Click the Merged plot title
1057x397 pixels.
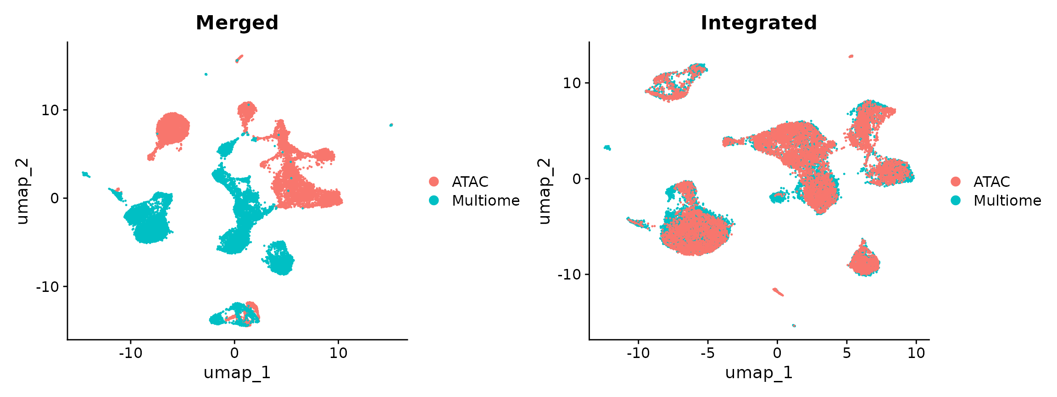[x=237, y=23]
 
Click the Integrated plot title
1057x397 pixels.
[x=758, y=23]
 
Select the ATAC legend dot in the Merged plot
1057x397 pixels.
[x=434, y=182]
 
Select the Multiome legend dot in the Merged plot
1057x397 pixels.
[x=434, y=201]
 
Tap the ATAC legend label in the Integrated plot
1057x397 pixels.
[x=991, y=182]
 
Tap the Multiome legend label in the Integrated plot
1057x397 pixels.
[x=1007, y=201]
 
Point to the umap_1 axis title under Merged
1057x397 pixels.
[x=237, y=373]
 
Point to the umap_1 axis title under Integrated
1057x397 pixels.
[x=758, y=373]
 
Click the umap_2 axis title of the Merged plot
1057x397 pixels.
[x=22, y=191]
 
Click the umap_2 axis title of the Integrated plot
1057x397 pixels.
[x=544, y=191]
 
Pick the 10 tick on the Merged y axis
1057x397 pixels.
[x=50, y=110]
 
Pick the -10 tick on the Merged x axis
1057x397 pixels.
[x=130, y=353]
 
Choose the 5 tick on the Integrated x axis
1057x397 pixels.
[x=846, y=353]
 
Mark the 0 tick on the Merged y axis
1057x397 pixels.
[x=55, y=198]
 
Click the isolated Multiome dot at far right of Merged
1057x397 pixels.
[x=391, y=125]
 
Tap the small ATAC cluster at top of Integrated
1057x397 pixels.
[x=851, y=56]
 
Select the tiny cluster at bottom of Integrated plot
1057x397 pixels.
[x=794, y=325]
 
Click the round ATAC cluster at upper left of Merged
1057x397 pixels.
[x=172, y=128]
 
